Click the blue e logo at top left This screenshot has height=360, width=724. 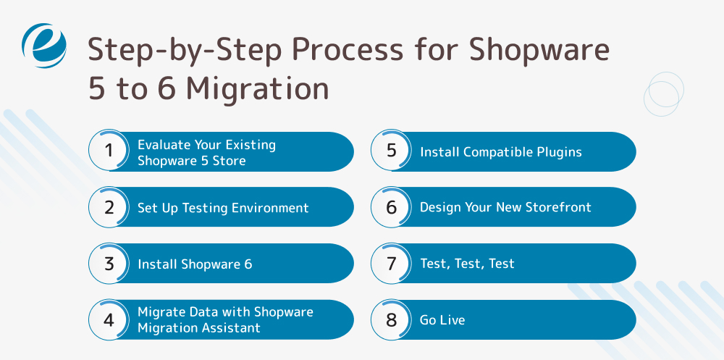click(x=44, y=45)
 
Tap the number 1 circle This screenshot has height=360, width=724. click(x=109, y=151)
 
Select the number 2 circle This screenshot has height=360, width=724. click(x=109, y=208)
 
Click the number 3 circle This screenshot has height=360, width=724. click(x=109, y=264)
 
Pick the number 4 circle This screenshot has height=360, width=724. click(x=109, y=319)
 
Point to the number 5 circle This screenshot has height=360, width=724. click(x=391, y=151)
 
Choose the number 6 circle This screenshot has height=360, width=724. click(x=391, y=208)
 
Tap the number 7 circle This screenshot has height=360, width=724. click(x=391, y=264)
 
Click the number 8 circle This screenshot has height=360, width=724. click(x=391, y=319)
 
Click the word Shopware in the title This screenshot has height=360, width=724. click(x=540, y=51)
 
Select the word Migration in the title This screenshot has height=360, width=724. click(x=257, y=88)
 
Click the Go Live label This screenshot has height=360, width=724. click(x=442, y=320)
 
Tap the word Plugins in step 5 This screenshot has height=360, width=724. click(x=557, y=152)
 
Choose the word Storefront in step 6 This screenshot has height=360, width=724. click(x=558, y=207)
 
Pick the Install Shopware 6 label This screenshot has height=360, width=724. click(x=195, y=264)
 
